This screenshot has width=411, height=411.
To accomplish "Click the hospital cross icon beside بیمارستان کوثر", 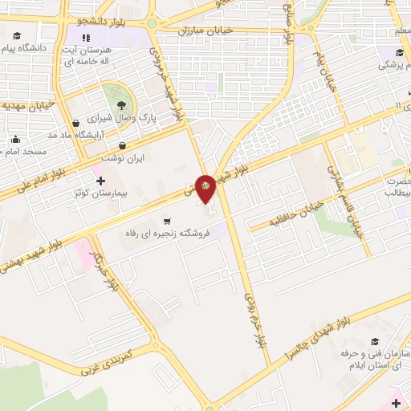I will pos(100,181).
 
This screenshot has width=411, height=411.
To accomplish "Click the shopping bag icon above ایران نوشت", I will pos(122,146).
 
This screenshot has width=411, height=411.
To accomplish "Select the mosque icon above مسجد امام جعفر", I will pos(14,139).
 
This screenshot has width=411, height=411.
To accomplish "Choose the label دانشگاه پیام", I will pos(27,48).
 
